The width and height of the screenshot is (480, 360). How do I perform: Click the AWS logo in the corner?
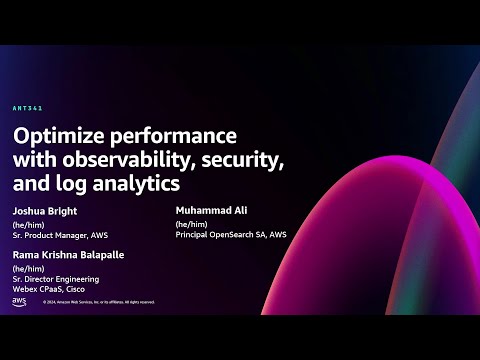coord(19,301)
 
